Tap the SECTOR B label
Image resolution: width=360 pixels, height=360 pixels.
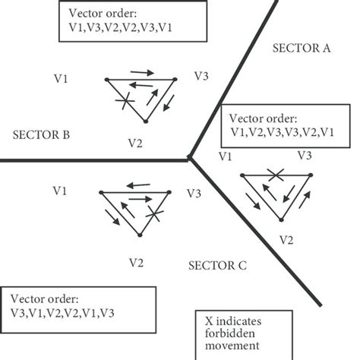(43, 135)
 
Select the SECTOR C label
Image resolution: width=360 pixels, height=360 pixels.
(217, 266)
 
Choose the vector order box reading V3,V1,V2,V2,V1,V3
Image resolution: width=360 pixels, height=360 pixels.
(79, 306)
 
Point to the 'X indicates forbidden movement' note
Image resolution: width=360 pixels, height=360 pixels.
(235, 333)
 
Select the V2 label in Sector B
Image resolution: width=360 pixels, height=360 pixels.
(135, 142)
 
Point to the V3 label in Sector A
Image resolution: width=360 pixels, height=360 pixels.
(305, 155)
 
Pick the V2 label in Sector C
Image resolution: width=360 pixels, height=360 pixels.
(136, 263)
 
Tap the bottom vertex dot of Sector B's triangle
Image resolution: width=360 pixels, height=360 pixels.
(145, 122)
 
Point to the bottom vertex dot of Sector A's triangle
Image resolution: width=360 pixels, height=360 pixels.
(282, 219)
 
